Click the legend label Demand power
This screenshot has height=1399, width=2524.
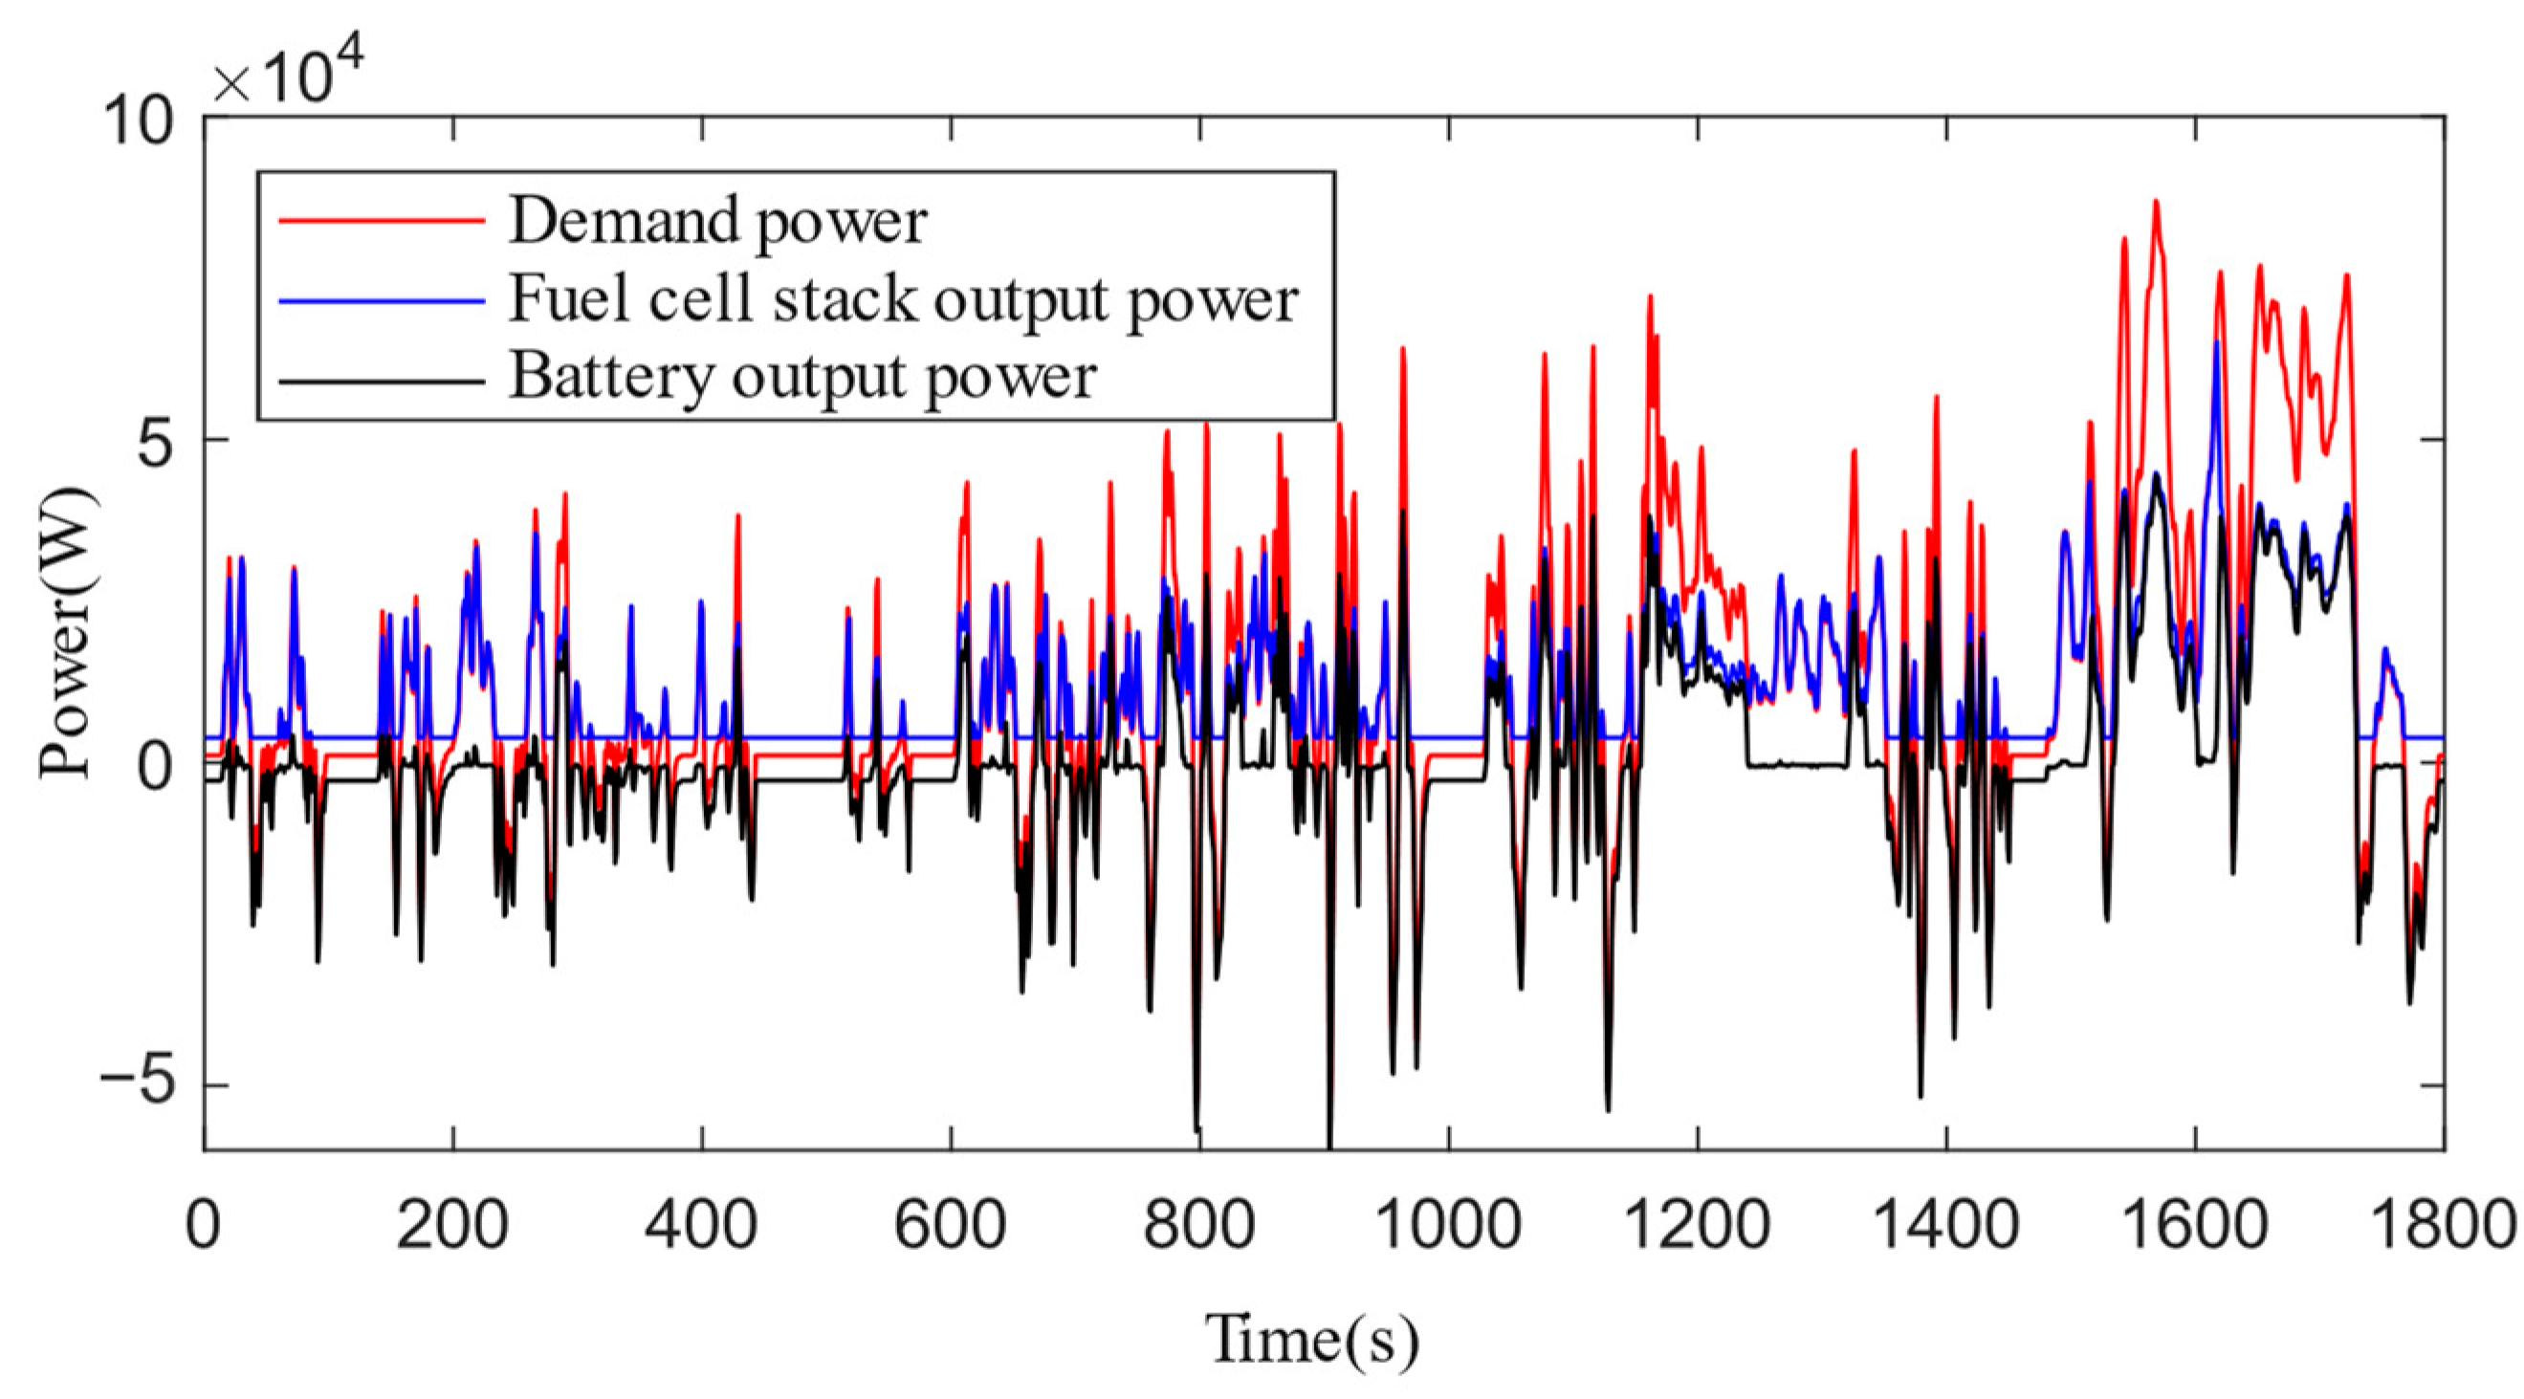click(x=717, y=222)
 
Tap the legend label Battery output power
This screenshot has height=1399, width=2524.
click(x=802, y=376)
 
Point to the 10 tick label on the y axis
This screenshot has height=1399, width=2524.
click(x=140, y=121)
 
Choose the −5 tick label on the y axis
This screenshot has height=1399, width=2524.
click(x=140, y=1084)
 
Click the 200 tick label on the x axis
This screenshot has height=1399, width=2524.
click(x=451, y=1224)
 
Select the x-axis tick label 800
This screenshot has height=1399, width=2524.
click(x=1198, y=1224)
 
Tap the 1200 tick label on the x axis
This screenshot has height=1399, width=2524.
click(x=1696, y=1224)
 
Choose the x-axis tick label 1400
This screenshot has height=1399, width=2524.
click(x=1945, y=1224)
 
